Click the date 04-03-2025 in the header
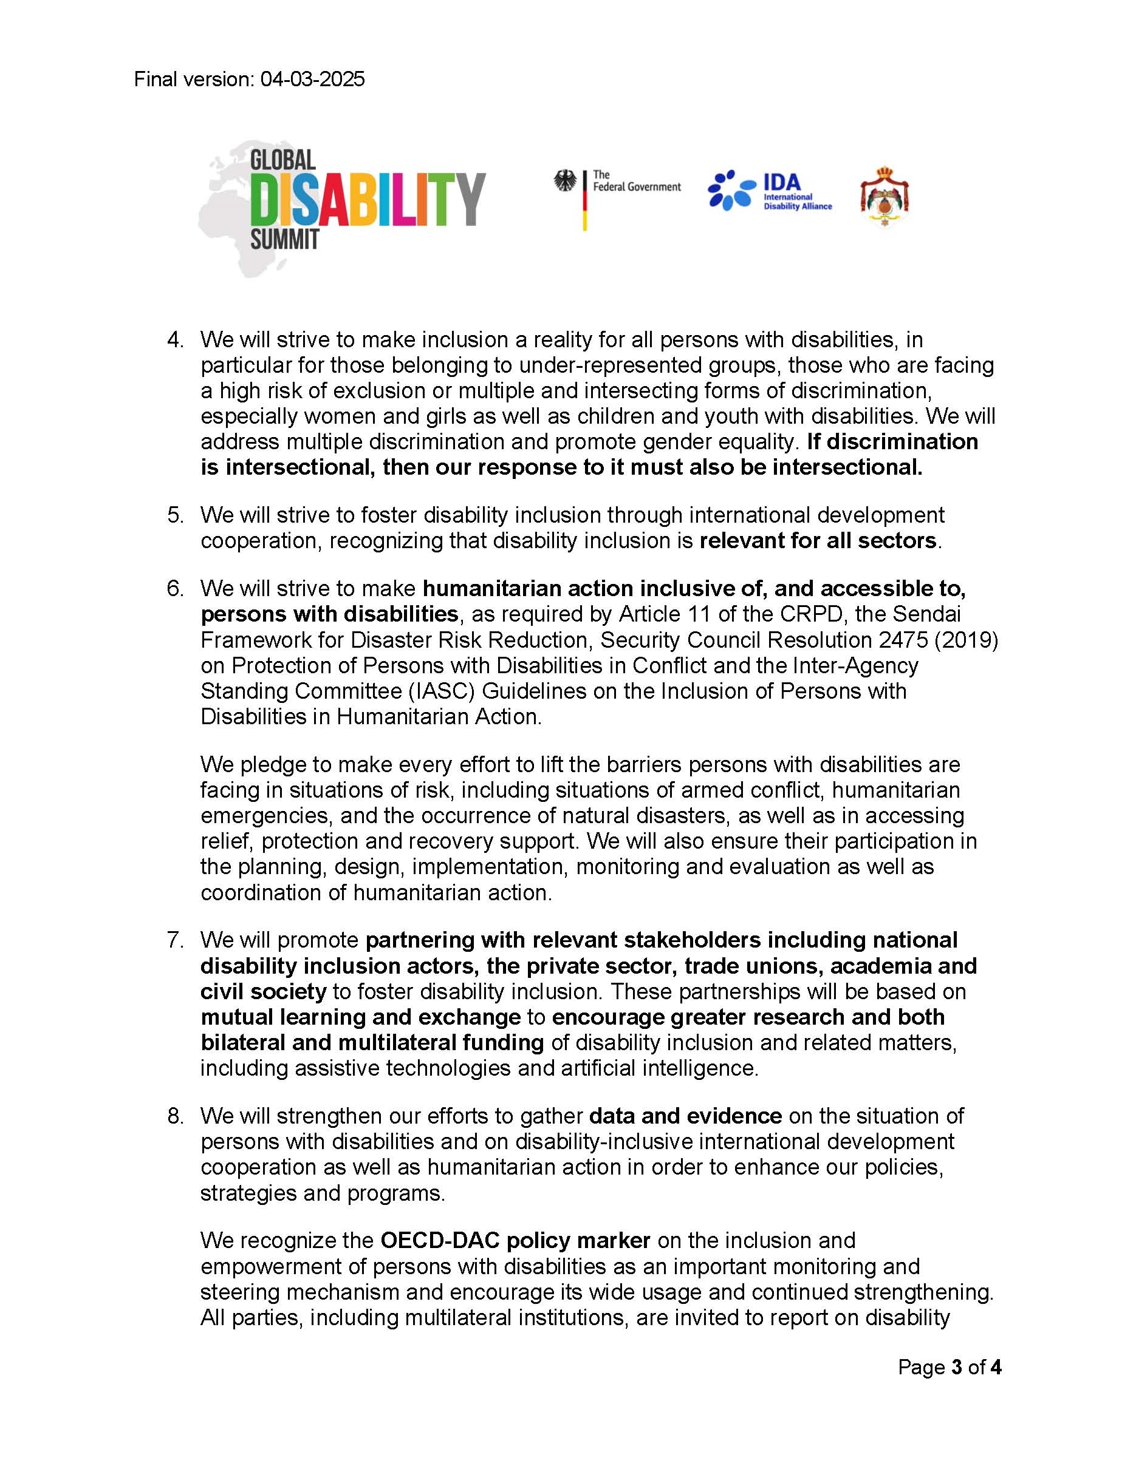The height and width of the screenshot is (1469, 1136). [x=313, y=80]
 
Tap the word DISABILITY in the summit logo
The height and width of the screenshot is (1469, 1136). [x=368, y=199]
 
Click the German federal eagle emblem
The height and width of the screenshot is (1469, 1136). [x=566, y=182]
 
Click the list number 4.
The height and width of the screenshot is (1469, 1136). [x=175, y=340]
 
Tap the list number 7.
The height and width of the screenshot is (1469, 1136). [x=175, y=940]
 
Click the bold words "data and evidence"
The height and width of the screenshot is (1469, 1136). [x=685, y=1116]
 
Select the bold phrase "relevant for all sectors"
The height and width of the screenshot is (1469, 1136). [x=818, y=541]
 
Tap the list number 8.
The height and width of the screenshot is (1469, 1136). [x=175, y=1116]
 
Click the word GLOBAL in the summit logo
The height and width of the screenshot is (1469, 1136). [x=282, y=160]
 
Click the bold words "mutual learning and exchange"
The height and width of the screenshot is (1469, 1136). [x=361, y=1017]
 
